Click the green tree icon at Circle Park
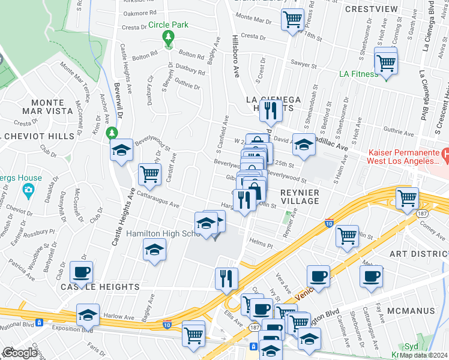[169, 37]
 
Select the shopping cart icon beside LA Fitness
[386, 62]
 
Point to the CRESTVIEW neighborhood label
[373, 9]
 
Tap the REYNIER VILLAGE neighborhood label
[300, 196]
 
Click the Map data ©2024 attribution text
[424, 355]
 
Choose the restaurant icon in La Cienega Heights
[273, 110]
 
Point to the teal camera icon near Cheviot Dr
[27, 191]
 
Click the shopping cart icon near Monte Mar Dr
[292, 19]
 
